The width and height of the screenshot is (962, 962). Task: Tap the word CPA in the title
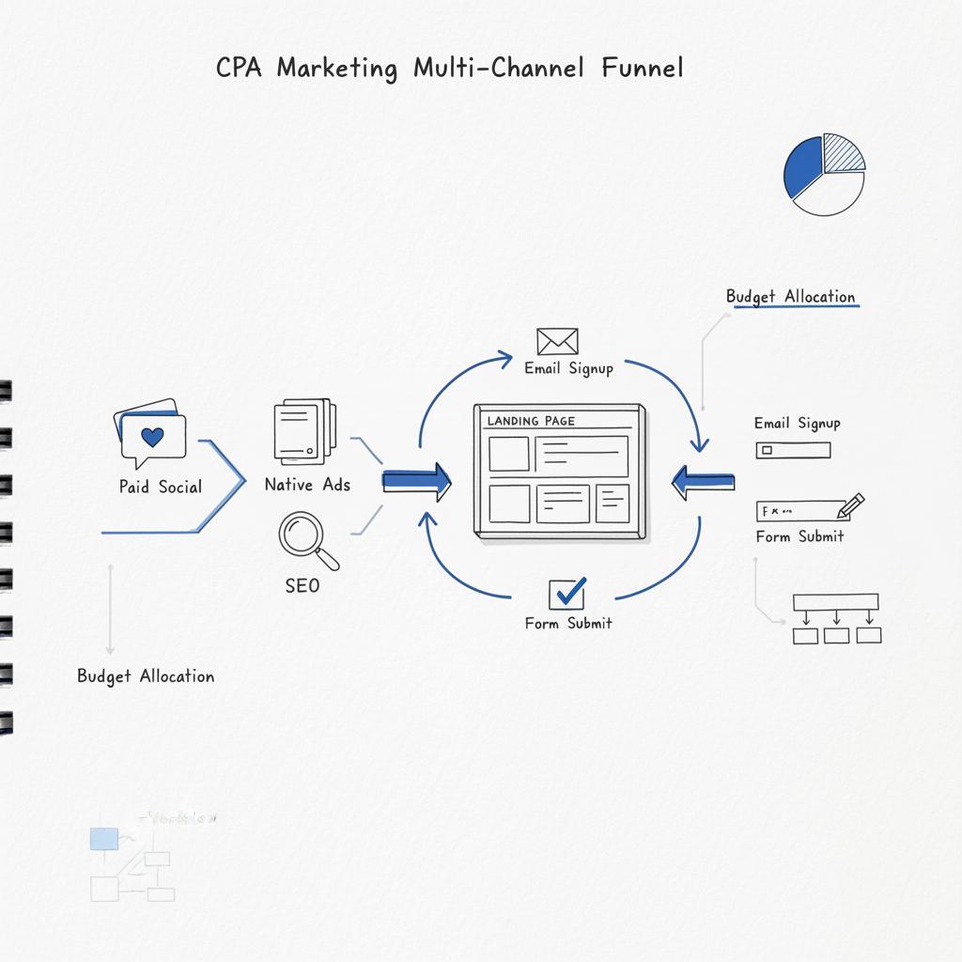point(240,69)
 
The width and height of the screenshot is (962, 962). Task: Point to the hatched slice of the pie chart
point(843,152)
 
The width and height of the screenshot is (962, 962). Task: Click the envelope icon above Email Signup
point(557,341)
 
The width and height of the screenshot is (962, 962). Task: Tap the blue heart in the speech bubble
point(152,437)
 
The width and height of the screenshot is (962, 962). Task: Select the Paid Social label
point(161,487)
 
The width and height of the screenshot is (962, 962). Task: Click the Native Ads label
point(307,485)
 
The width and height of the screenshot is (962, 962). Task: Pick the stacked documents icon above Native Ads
point(304,430)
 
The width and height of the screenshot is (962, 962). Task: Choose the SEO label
point(302,585)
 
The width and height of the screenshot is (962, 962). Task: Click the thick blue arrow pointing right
point(416,482)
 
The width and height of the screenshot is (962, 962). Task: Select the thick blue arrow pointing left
point(704,482)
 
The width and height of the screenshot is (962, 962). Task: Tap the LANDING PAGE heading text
point(531,421)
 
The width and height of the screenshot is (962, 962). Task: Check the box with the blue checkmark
point(566,593)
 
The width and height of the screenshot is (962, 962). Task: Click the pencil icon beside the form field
point(850,506)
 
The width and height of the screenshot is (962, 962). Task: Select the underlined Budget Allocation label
point(791,297)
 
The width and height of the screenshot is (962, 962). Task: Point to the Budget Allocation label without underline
point(146,676)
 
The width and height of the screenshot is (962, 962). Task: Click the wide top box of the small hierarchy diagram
point(835,602)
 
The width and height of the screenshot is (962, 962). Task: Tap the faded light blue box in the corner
point(103,839)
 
